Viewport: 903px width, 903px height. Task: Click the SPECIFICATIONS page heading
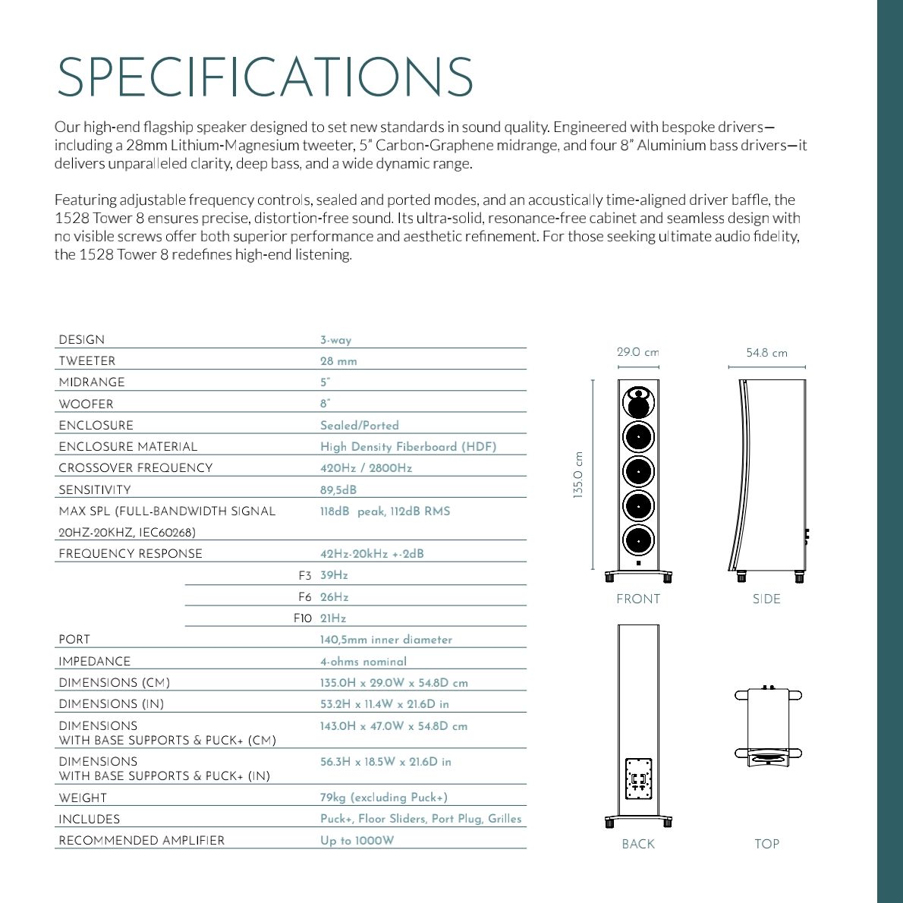(x=265, y=77)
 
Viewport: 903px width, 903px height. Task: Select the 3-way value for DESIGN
(x=335, y=341)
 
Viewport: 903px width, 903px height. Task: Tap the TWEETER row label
(x=87, y=361)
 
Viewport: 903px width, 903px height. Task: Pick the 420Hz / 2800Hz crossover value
(x=366, y=468)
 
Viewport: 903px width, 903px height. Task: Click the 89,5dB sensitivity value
(x=338, y=490)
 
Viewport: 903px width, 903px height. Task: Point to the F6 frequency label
(x=304, y=597)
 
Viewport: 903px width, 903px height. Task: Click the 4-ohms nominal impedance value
(x=363, y=662)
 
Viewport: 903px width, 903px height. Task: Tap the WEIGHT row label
(x=83, y=798)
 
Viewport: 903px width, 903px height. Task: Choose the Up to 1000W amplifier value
(x=357, y=841)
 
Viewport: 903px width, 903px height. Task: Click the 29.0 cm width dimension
(x=637, y=352)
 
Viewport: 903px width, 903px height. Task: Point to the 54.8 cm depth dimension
(x=766, y=353)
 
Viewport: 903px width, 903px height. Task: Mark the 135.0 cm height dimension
(x=578, y=475)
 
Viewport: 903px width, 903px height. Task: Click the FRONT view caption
(x=638, y=599)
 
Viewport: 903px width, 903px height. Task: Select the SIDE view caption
(x=766, y=599)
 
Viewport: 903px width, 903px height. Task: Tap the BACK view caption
(x=637, y=844)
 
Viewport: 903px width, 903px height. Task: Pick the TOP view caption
(x=766, y=844)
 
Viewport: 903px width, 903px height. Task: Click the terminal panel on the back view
(x=638, y=779)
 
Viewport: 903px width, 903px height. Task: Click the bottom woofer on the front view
(x=638, y=540)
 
